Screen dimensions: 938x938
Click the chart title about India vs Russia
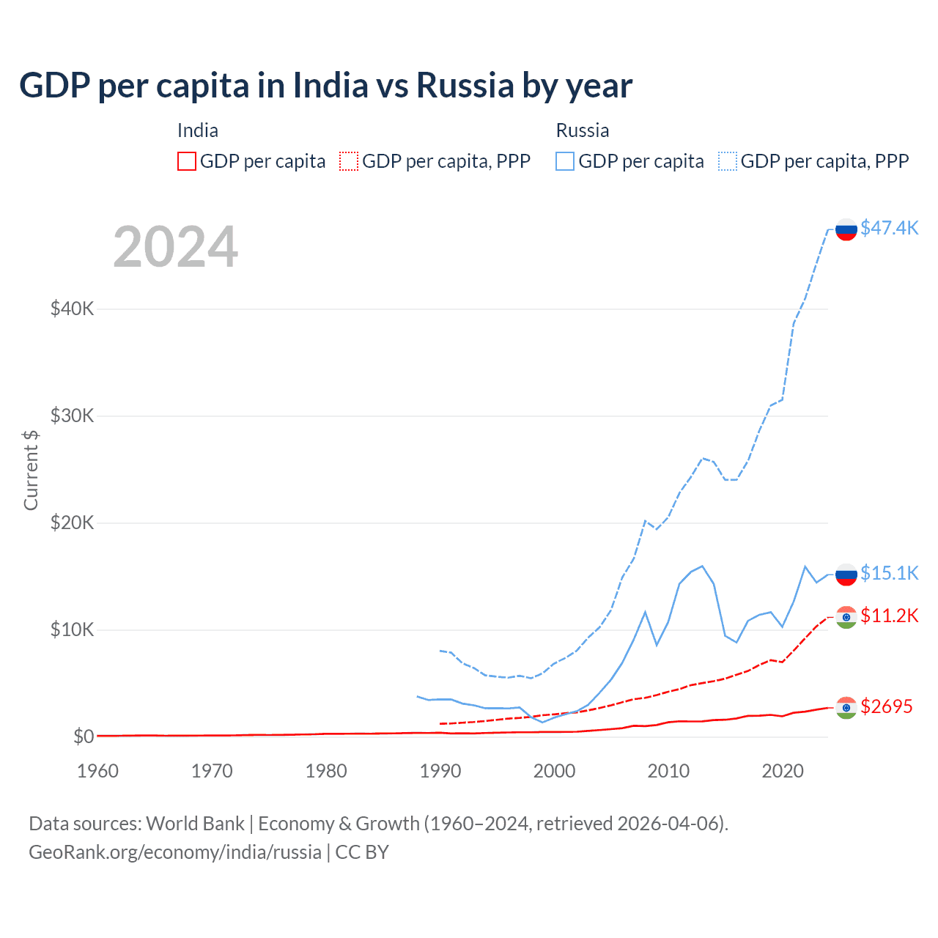[x=325, y=86]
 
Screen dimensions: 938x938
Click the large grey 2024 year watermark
[x=175, y=247]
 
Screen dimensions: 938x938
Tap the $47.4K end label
[x=889, y=228]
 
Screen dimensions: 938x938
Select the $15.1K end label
[x=889, y=573]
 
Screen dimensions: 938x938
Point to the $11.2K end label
[x=889, y=616]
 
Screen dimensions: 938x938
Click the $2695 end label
[x=886, y=706]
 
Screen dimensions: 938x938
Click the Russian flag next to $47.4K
[x=846, y=229]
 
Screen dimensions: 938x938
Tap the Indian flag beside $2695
[x=846, y=708]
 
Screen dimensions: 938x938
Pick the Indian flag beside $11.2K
[x=846, y=618]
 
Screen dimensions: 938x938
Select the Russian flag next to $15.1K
[x=846, y=575]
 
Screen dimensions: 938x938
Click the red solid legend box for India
[x=187, y=161]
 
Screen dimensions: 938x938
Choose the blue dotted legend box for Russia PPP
[x=728, y=161]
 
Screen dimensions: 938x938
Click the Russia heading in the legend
[x=583, y=130]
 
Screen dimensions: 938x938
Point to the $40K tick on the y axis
[x=72, y=309]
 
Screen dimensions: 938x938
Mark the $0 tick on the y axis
[x=83, y=736]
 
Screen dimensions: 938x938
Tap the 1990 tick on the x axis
[x=440, y=771]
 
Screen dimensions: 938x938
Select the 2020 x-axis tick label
[x=783, y=771]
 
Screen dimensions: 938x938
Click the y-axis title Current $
[x=31, y=470]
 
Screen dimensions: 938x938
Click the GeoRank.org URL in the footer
[x=175, y=852]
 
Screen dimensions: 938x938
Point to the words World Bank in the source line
[x=195, y=824]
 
